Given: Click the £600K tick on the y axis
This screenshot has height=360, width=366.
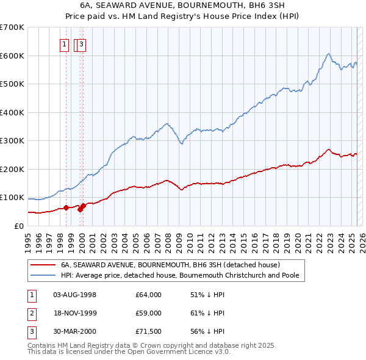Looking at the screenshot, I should point(12,56).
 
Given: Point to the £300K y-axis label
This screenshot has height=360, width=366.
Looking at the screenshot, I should point(12,141).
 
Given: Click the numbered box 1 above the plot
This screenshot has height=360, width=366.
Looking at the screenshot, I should point(65,43).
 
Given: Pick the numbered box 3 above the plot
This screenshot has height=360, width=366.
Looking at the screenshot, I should point(81,43).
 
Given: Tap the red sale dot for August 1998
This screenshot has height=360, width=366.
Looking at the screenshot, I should point(66,207).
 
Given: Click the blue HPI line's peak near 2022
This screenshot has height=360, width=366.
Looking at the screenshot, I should point(328,54).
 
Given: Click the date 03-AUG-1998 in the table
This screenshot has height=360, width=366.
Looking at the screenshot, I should point(75,295).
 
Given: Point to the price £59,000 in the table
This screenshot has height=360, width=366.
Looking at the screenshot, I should point(149,313).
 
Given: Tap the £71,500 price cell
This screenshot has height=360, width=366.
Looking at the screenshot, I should point(149,331).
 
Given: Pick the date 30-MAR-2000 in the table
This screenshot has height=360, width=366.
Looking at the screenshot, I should point(75,331).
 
